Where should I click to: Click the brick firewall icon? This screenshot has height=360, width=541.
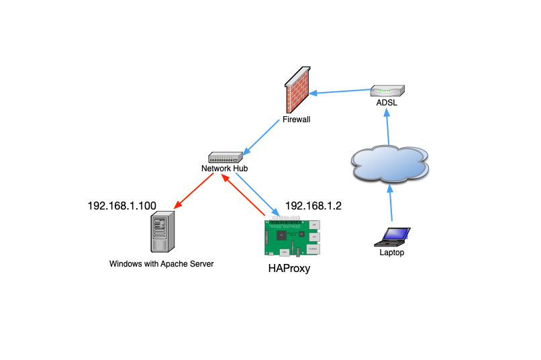(x=298, y=91)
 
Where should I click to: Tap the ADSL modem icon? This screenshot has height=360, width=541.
(x=388, y=91)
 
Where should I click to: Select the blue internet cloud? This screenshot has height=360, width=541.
(x=389, y=164)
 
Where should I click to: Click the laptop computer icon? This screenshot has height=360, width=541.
(x=393, y=237)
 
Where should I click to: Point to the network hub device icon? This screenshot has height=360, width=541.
(x=224, y=157)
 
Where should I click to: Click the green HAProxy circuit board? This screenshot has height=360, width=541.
(x=292, y=237)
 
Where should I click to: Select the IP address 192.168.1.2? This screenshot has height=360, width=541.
(x=313, y=206)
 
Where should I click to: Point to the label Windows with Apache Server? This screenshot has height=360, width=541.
(x=161, y=264)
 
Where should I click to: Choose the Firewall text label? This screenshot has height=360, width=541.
(x=296, y=120)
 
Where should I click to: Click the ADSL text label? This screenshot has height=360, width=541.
(x=387, y=103)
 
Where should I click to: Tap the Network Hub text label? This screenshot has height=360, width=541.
(x=225, y=168)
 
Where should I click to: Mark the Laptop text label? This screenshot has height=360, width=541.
(x=392, y=253)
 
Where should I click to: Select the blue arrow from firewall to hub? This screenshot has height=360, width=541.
(x=260, y=137)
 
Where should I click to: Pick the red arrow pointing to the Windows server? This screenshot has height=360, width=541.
(x=194, y=190)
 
